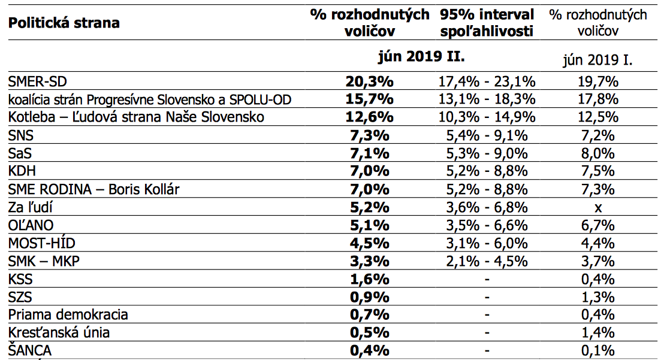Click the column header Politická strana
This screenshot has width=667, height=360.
click(x=64, y=23)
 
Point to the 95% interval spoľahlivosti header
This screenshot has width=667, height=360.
click(x=486, y=22)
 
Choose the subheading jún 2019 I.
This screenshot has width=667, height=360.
click(x=597, y=60)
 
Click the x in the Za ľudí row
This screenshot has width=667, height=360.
click(x=597, y=207)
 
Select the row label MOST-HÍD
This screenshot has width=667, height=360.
click(x=42, y=244)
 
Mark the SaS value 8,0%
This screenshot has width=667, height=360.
click(x=597, y=153)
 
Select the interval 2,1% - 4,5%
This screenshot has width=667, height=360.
click(x=486, y=262)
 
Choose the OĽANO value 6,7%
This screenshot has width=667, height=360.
click(x=597, y=226)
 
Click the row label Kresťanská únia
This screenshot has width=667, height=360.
click(x=59, y=333)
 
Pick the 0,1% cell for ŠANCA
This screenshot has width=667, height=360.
click(x=597, y=351)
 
